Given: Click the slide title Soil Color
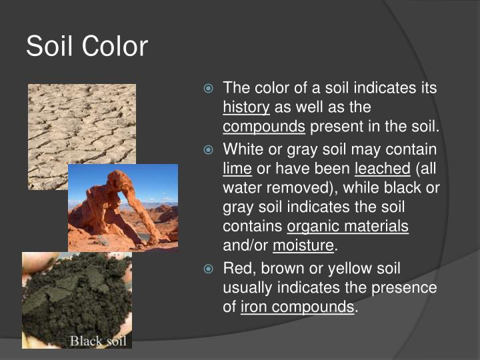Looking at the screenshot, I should click(x=87, y=47).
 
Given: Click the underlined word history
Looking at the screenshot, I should click(x=246, y=107).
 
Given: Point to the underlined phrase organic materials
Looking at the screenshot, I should click(x=347, y=227).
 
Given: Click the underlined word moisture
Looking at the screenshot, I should click(x=303, y=246).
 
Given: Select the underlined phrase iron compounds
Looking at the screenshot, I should click(x=297, y=307).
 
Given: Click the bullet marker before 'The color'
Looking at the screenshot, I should click(x=209, y=89).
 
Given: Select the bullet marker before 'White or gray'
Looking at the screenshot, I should click(x=209, y=150).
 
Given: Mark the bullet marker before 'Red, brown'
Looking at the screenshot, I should click(x=209, y=269).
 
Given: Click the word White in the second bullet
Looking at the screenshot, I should click(x=243, y=150).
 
